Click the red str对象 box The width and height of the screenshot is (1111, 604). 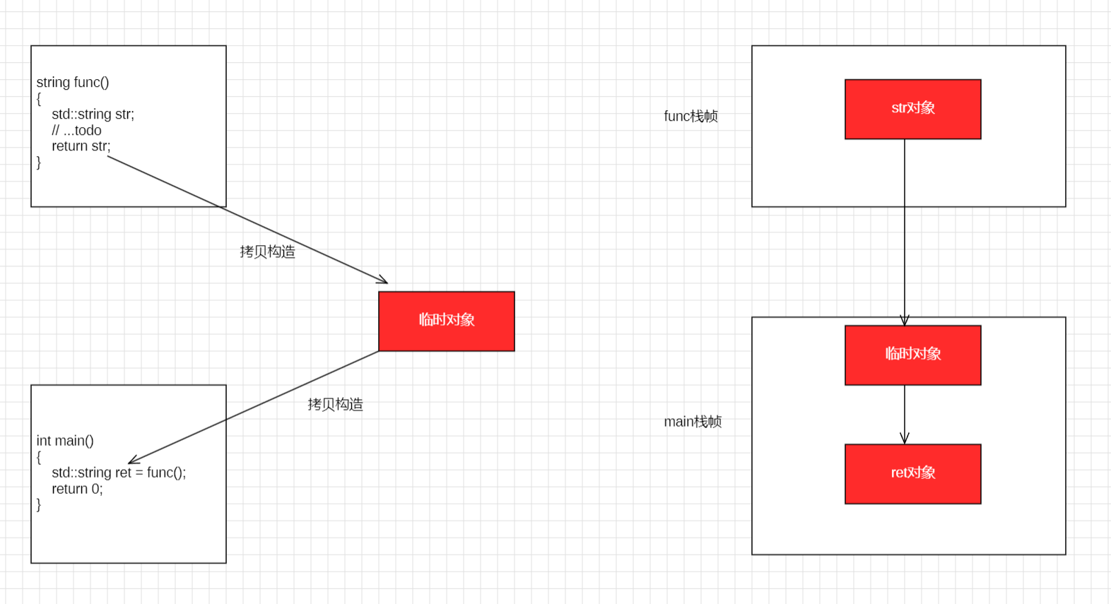(x=912, y=109)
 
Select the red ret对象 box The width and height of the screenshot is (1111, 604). (x=912, y=473)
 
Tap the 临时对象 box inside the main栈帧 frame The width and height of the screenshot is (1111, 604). (x=912, y=355)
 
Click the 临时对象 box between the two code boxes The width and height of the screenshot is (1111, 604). (x=446, y=321)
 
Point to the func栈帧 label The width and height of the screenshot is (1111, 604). (x=690, y=117)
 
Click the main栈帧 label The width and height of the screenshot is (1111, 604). (x=693, y=422)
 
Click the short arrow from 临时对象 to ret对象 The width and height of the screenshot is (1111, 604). (x=905, y=414)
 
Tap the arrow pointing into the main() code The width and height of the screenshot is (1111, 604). (x=254, y=407)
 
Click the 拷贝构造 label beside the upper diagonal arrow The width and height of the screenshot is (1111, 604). (x=267, y=252)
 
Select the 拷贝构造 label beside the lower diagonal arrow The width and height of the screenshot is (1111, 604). (x=335, y=405)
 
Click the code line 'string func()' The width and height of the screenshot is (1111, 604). (x=73, y=83)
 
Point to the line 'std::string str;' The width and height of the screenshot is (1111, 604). (x=93, y=114)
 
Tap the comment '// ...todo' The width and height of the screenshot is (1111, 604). (x=76, y=131)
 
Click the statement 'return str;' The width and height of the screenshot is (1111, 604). (x=81, y=146)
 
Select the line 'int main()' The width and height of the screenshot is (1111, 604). (x=65, y=441)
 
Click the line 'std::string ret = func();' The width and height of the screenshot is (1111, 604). (x=119, y=473)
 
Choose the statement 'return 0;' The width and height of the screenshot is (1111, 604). (x=77, y=489)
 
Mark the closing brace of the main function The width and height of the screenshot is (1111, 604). (x=39, y=504)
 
